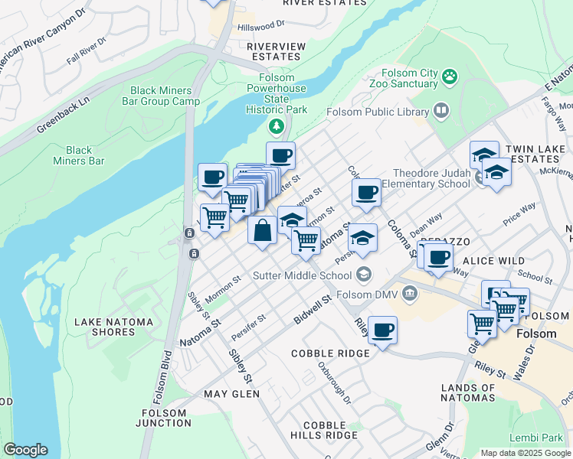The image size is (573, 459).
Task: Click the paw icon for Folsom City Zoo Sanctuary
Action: [x=450, y=76]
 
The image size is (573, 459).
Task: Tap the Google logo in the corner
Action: [x=25, y=450]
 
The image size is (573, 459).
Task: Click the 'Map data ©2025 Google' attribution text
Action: [x=525, y=453]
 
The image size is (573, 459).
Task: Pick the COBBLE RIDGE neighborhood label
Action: [x=330, y=353]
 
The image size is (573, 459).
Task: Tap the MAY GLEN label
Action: [x=231, y=394]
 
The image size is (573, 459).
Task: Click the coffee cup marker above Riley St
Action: [x=382, y=330]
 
